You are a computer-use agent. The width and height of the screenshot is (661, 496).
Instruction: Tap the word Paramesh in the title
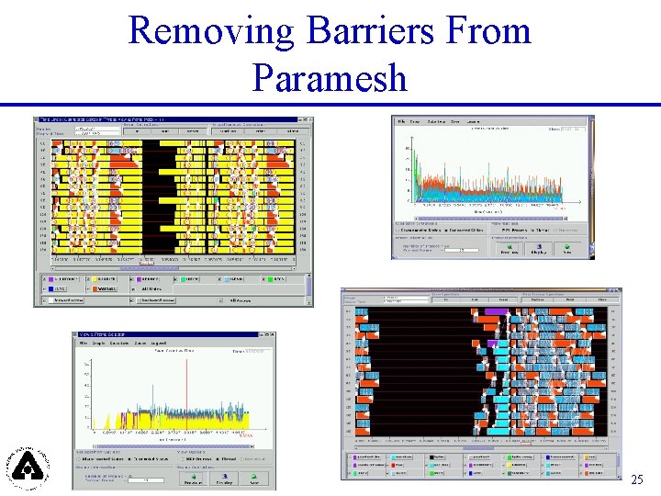(x=330, y=78)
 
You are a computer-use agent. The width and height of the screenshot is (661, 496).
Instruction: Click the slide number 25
(x=637, y=479)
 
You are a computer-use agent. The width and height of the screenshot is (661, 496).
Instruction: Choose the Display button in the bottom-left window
(x=224, y=479)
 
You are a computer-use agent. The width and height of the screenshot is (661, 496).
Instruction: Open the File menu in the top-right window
(x=400, y=120)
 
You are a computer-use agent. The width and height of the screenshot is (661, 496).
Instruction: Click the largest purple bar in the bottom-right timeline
(x=495, y=313)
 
